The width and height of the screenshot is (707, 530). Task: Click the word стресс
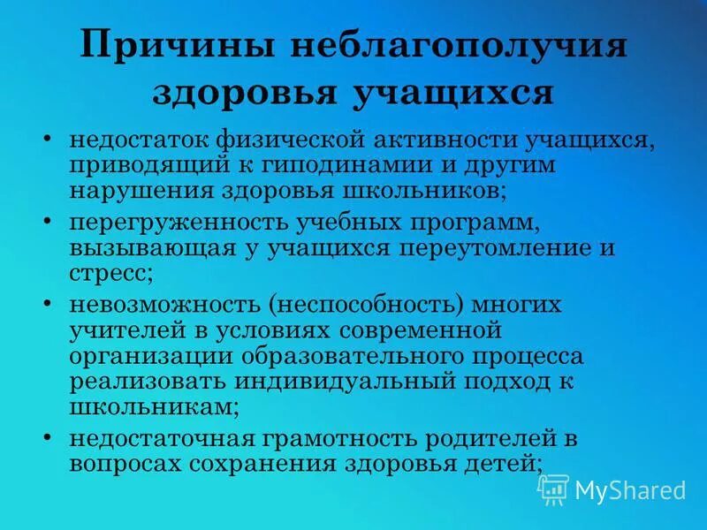coord(108,272)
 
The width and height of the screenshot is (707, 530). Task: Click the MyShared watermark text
coord(630,490)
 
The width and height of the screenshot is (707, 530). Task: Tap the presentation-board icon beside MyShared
coord(553,488)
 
